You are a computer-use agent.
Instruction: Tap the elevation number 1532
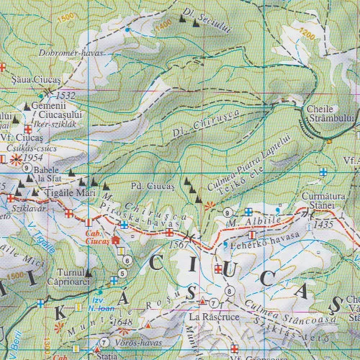click(x=65, y=94)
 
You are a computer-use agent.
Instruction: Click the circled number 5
click(x=122, y=273)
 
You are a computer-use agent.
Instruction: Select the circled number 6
click(x=127, y=260)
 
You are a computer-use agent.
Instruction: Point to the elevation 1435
click(x=325, y=225)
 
